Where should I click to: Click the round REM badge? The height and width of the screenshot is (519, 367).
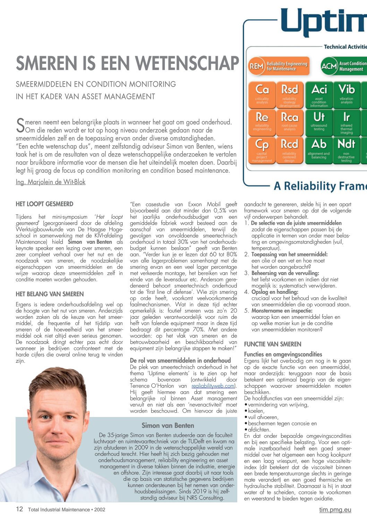[x=256, y=66]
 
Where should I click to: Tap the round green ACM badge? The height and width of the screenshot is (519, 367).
[x=329, y=66]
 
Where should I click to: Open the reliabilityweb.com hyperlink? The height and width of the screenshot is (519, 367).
[x=213, y=386]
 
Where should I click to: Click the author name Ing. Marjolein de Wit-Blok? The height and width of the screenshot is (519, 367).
[x=51, y=182]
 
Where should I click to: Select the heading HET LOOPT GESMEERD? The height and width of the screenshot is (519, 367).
[x=44, y=204]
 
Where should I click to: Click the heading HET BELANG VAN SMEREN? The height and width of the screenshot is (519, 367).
[x=50, y=294]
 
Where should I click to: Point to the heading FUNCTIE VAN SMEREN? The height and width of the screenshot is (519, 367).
[x=273, y=344]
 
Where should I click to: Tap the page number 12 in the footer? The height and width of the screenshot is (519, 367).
[x=19, y=509]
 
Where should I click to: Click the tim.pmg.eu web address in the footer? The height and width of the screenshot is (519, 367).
[x=335, y=510]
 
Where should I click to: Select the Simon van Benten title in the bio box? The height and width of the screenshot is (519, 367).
[x=168, y=425]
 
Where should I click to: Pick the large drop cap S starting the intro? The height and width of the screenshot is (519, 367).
[x=20, y=126]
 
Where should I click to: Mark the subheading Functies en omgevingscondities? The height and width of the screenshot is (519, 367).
[x=283, y=354]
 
